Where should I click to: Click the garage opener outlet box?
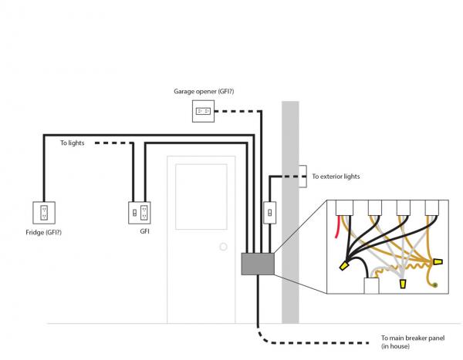[203, 112]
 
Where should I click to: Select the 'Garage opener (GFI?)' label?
[204, 92]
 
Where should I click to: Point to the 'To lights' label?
[73, 143]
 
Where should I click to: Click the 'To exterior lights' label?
[336, 177]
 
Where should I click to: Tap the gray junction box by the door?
[258, 264]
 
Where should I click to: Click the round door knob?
[223, 247]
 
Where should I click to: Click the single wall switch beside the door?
[269, 211]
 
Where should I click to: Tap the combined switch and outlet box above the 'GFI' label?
[139, 211]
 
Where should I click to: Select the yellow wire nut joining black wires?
[344, 266]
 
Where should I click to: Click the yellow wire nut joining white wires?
[403, 285]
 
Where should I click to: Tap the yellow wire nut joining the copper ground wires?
[438, 262]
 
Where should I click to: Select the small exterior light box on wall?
[302, 171]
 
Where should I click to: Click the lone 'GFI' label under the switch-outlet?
[144, 230]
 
